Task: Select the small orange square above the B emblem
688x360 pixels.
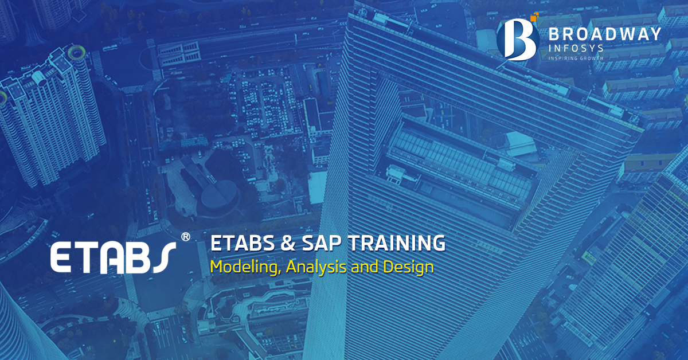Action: [534, 17]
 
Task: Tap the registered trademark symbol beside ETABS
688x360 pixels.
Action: [185, 236]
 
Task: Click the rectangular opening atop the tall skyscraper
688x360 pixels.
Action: [459, 155]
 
